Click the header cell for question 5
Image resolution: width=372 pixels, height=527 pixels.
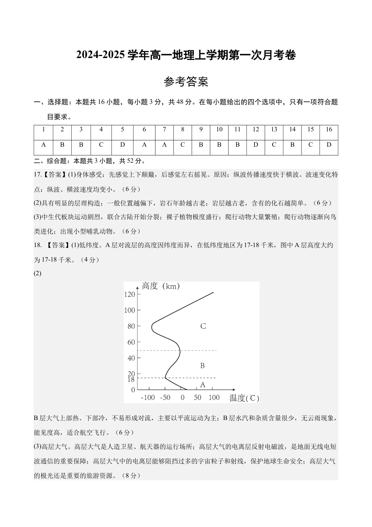[x=123, y=129]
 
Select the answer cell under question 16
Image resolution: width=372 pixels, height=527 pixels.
[x=329, y=145]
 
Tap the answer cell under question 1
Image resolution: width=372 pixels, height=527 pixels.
[x=43, y=145]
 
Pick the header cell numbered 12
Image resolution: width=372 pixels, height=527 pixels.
[x=256, y=129]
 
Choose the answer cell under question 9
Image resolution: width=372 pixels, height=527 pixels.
[x=201, y=145]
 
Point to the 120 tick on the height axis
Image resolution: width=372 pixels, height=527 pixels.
[x=129, y=294]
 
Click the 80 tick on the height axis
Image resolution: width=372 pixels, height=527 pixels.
[x=131, y=326]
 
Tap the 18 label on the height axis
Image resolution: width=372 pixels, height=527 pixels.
[x=131, y=379]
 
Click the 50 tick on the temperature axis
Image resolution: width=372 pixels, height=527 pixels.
[x=197, y=398]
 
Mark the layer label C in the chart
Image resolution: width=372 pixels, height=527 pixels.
[x=203, y=326]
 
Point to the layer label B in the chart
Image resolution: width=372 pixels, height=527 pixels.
[x=202, y=366]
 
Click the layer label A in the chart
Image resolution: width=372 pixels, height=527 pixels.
[x=202, y=385]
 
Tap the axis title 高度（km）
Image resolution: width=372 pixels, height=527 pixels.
[x=161, y=286]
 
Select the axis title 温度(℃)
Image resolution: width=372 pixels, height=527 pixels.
[x=244, y=398]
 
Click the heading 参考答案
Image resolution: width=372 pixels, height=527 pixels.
[x=186, y=82]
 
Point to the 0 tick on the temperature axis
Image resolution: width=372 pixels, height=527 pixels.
[x=182, y=398]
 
